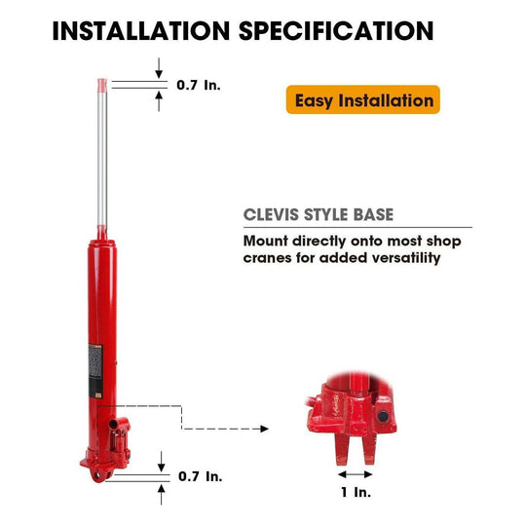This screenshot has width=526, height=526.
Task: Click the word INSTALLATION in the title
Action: [x=141, y=31]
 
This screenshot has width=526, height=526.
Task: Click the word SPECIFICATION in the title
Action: [x=336, y=31]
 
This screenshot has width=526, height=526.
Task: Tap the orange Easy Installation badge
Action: [x=363, y=99]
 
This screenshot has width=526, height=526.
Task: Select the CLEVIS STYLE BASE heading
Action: [x=318, y=214]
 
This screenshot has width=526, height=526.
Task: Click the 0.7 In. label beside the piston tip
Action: [x=199, y=85]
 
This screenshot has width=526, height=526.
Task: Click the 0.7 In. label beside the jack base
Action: [x=201, y=476]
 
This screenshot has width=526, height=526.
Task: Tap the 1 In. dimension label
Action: [x=356, y=492]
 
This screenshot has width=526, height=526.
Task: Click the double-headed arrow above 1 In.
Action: [x=356, y=474]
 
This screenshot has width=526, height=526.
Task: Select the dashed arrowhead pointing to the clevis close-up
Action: [x=265, y=429]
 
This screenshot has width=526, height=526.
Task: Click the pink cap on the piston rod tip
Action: [x=102, y=85]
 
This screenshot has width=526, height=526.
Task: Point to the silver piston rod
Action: [x=102, y=159]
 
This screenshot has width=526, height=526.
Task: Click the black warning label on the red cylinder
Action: [x=95, y=371]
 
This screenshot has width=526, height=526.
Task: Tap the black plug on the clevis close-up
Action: [x=383, y=416]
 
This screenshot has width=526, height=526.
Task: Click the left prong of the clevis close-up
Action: [x=343, y=448]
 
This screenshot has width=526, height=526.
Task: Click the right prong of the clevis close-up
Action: [x=368, y=448]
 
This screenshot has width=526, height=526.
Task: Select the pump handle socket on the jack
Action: [x=114, y=425]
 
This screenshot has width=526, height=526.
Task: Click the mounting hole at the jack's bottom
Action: [x=97, y=475]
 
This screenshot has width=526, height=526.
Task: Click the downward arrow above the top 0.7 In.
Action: [x=159, y=68]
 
